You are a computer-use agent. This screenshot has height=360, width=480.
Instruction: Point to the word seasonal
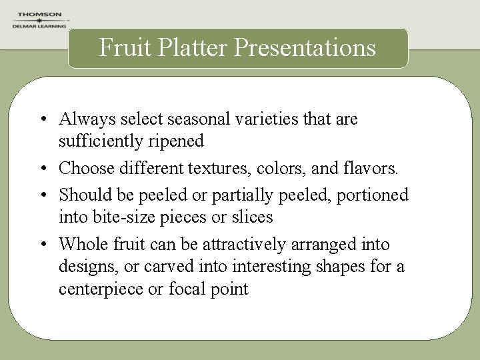click(193, 119)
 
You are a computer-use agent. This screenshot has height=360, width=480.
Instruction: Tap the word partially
click(247, 195)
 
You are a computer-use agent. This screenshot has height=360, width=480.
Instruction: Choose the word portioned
click(375, 195)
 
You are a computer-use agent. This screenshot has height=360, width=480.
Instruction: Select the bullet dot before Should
click(42, 195)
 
